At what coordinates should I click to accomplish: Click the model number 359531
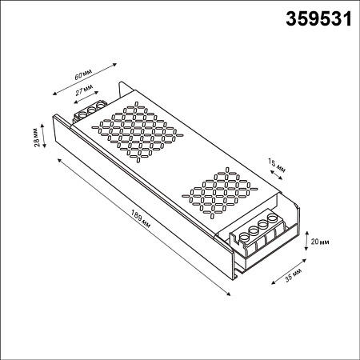coord(318,19)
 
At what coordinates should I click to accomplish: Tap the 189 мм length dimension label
coord(141,219)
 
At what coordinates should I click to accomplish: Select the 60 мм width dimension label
coord(83,74)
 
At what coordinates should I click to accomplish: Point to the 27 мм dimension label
coord(84,90)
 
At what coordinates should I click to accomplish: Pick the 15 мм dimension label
coord(277,166)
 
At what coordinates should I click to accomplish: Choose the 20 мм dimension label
coord(320,242)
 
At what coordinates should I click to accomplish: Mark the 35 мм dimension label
coord(293,275)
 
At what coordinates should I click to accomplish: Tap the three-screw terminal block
coord(90,112)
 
